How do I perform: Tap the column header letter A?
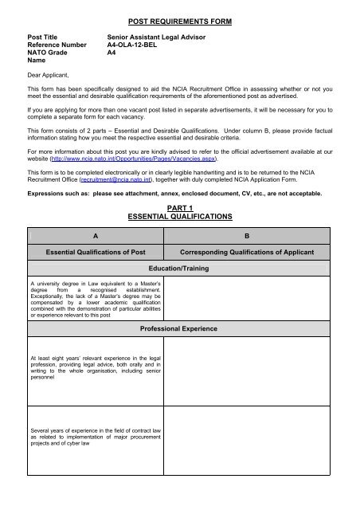point(93,236)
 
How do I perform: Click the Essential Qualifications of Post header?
point(93,253)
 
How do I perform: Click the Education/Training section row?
point(179,270)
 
